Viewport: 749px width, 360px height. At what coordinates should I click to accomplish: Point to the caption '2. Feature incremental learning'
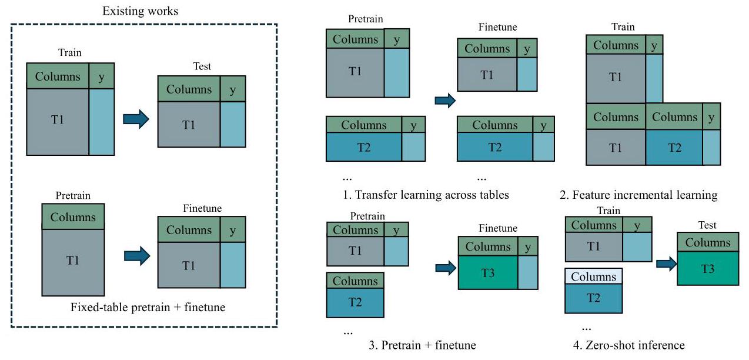click(638, 195)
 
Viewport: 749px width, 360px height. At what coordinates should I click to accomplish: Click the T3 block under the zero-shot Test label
click(707, 269)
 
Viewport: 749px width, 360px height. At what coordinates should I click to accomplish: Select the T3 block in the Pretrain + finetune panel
click(487, 272)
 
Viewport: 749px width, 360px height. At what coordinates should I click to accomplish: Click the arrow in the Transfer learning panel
click(445, 101)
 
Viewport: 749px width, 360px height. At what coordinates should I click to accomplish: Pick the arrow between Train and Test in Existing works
click(136, 119)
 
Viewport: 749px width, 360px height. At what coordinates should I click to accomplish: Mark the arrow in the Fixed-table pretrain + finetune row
click(137, 257)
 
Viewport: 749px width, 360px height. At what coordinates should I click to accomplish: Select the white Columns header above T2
click(593, 276)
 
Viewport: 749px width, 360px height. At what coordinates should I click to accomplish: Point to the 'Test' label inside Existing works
click(202, 66)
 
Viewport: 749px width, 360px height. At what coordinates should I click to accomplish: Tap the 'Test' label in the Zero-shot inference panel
click(707, 225)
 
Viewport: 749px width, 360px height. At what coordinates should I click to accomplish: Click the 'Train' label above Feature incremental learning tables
click(623, 27)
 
